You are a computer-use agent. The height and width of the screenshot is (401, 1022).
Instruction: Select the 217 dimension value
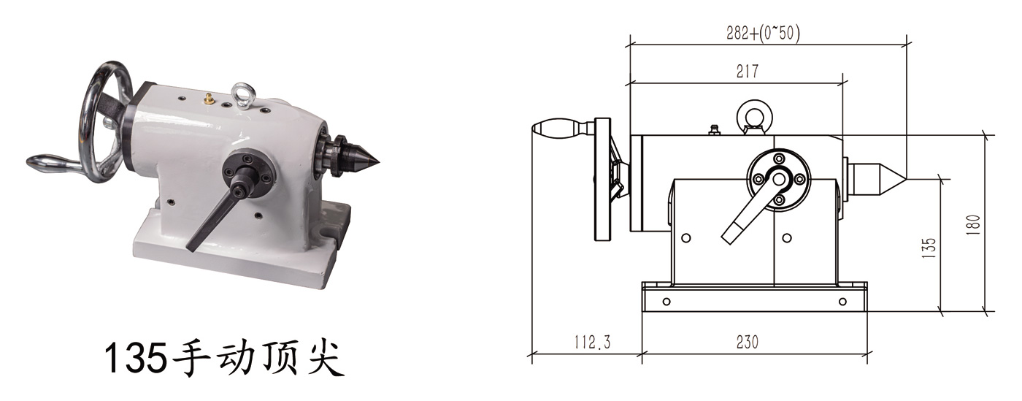tap(748, 72)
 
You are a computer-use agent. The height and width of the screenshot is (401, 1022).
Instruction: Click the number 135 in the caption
tap(135, 359)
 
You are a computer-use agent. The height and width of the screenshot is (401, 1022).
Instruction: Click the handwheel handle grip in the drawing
tap(556, 129)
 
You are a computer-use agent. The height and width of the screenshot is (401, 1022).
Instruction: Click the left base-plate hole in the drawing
tap(666, 301)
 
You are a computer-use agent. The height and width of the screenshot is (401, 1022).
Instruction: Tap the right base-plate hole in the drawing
tap(842, 301)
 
